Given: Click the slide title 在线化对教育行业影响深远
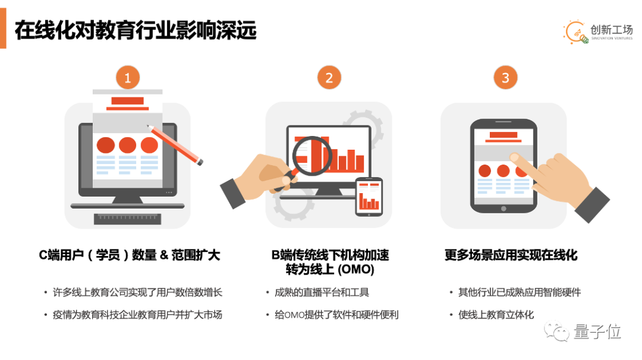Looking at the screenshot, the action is pyautogui.click(x=136, y=30).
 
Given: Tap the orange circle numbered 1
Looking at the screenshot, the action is pyautogui.click(x=128, y=77).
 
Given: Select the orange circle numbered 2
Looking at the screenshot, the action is pyautogui.click(x=329, y=77).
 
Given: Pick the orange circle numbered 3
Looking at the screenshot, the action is pyautogui.click(x=506, y=77).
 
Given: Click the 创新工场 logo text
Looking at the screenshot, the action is pyautogui.click(x=611, y=30).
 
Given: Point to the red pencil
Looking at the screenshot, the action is pyautogui.click(x=175, y=145).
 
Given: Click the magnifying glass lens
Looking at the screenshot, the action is pyautogui.click(x=312, y=156).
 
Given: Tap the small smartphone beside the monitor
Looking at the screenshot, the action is pyautogui.click(x=369, y=197).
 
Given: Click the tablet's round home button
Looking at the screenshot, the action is pyautogui.click(x=503, y=209).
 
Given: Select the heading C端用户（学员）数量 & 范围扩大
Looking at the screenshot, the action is pyautogui.click(x=130, y=255).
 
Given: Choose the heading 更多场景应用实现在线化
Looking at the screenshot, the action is pyautogui.click(x=511, y=255).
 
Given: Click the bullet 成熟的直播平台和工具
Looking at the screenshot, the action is pyautogui.click(x=322, y=292).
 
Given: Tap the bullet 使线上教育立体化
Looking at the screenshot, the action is pyautogui.click(x=496, y=315).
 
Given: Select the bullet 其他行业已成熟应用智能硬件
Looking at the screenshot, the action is pyautogui.click(x=519, y=292).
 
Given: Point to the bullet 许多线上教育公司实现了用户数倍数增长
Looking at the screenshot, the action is pyautogui.click(x=137, y=292).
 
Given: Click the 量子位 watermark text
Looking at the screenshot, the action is pyautogui.click(x=597, y=331).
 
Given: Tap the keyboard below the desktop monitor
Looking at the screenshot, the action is pyautogui.click(x=127, y=219).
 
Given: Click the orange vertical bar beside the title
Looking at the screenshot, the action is pyautogui.click(x=3, y=29).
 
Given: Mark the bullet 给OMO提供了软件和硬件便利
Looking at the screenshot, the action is pyautogui.click(x=336, y=315).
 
